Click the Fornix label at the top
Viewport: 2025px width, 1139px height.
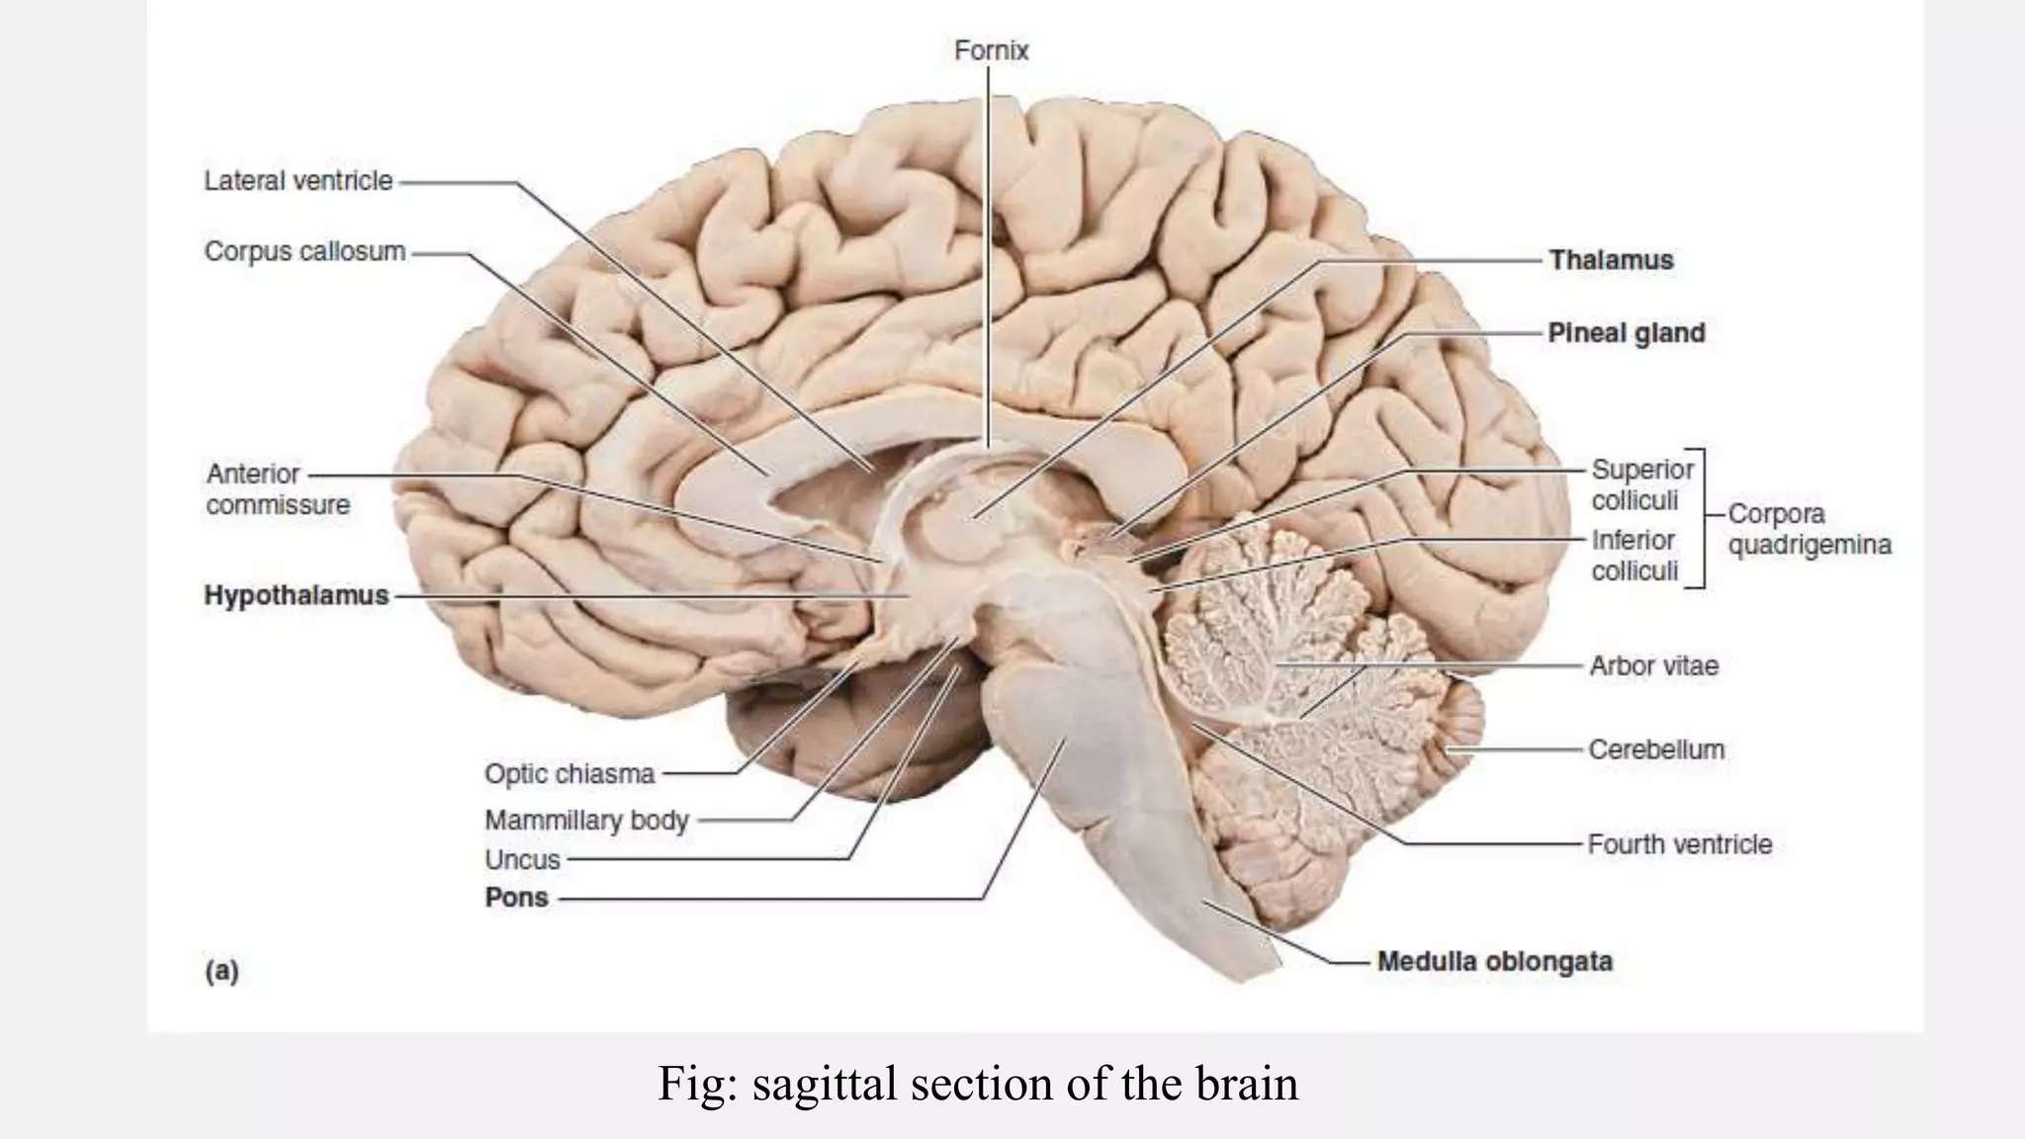(991, 50)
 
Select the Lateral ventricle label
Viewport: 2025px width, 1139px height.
(298, 181)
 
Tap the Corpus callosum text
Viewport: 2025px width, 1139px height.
(305, 252)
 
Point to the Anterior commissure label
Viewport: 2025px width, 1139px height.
(277, 489)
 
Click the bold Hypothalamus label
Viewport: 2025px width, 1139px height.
(296, 595)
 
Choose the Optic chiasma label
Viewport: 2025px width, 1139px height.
(569, 774)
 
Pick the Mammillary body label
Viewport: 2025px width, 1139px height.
(585, 821)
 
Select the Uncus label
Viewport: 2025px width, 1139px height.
(522, 860)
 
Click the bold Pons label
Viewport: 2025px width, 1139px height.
(516, 898)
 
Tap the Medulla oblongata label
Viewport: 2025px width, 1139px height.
(1494, 961)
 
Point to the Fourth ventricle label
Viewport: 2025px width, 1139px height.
(1679, 844)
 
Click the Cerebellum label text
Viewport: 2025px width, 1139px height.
(1656, 749)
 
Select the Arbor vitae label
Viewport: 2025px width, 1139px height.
(1653, 665)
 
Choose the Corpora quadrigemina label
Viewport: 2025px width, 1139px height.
(1808, 529)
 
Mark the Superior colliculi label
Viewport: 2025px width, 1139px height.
(1641, 484)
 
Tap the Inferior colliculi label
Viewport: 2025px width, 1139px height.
(1633, 556)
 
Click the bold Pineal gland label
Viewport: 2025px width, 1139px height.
(1626, 333)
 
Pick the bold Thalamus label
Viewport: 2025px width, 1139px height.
(1611, 260)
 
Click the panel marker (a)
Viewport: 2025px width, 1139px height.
(221, 971)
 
